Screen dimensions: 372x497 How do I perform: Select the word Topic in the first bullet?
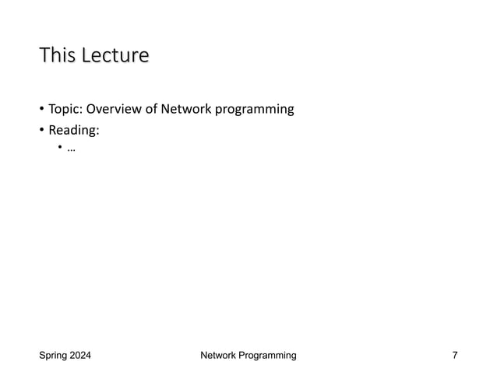pos(64,109)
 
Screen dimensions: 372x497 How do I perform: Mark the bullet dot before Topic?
pos(42,110)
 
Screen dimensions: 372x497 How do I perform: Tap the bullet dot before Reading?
pos(42,129)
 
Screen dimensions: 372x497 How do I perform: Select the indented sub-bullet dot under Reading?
pos(60,149)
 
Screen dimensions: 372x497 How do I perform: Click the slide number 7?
pos(455,356)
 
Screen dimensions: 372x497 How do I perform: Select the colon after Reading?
pos(101,130)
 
